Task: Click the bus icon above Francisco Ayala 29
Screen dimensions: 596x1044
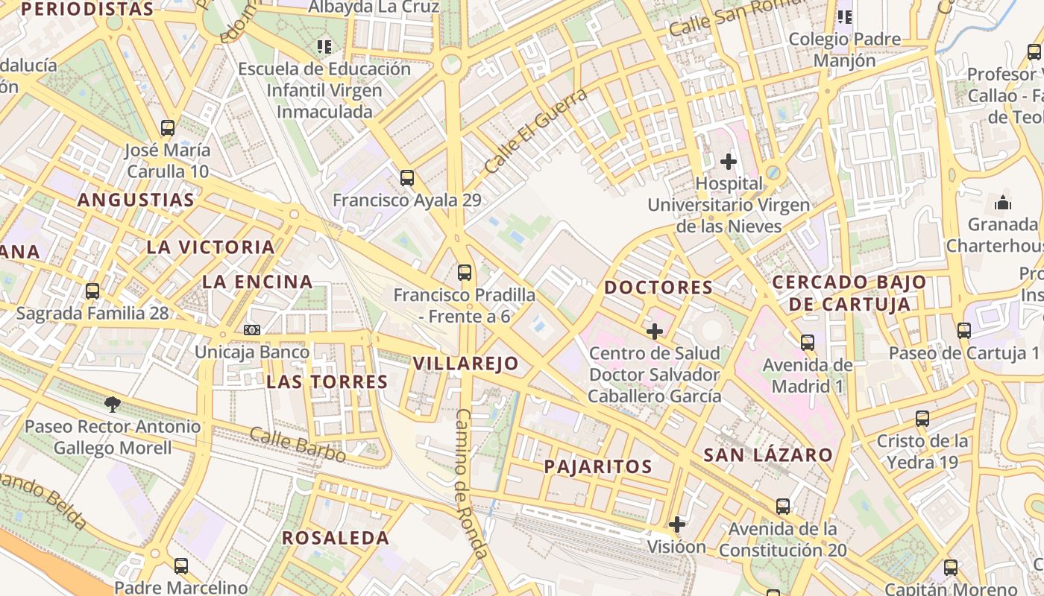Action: [406, 178]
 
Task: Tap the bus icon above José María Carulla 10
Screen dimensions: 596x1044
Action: [168, 128]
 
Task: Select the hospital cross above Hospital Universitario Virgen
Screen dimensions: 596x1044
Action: [729, 161]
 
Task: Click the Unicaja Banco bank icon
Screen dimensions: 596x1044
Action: [252, 330]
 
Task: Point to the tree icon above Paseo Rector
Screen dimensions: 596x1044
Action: [113, 405]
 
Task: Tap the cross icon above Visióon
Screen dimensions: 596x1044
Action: [676, 524]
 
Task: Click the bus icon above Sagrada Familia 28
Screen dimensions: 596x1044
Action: [92, 291]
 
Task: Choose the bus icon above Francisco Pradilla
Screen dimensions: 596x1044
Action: [465, 273]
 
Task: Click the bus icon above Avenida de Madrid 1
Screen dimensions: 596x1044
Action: [808, 343]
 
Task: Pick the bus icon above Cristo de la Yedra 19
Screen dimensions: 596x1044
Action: [922, 419]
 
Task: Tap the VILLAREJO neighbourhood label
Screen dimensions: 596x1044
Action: [465, 364]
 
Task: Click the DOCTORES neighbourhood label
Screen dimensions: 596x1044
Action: [658, 288]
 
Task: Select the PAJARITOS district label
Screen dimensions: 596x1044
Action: [598, 467]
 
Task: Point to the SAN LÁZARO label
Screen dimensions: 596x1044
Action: [768, 455]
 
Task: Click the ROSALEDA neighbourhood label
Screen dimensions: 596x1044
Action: [336, 538]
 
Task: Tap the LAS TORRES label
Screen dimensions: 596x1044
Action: [327, 382]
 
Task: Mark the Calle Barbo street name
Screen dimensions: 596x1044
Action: [298, 444]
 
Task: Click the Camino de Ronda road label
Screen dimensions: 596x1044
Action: [471, 484]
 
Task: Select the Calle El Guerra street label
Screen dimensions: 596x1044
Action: [535, 131]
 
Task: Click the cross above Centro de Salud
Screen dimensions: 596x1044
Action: [655, 331]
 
